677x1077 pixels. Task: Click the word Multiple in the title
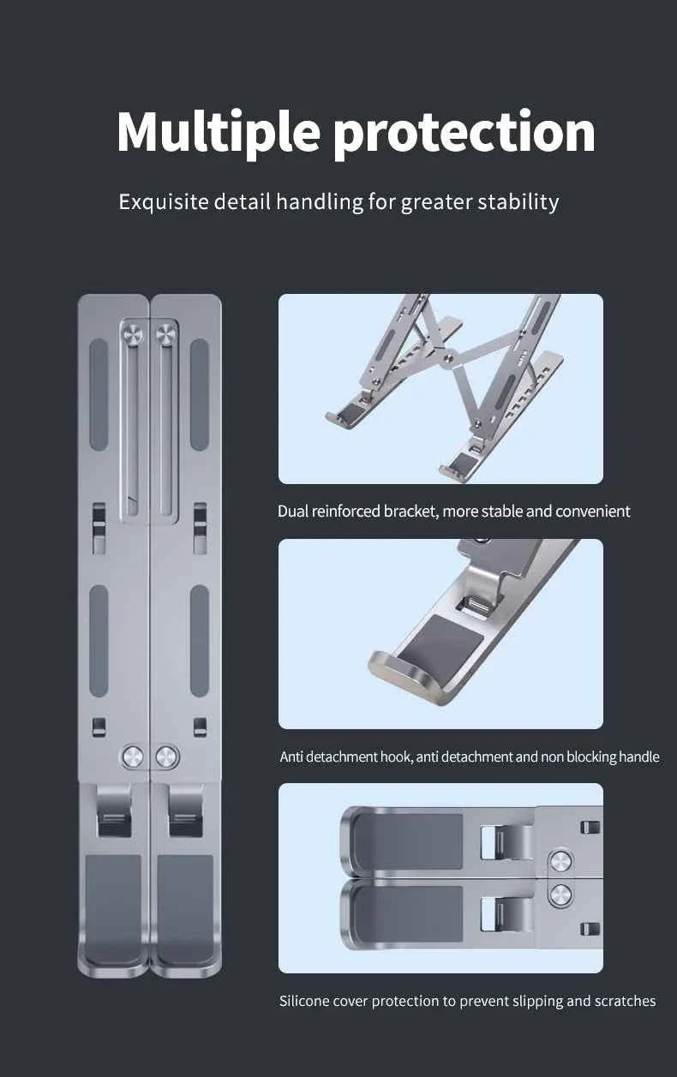pyautogui.click(x=219, y=133)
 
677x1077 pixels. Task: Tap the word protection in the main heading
pyautogui.click(x=464, y=133)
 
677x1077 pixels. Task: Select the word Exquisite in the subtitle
pyautogui.click(x=164, y=202)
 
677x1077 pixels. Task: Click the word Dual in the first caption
pyautogui.click(x=293, y=512)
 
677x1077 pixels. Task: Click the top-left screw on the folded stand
pyautogui.click(x=132, y=334)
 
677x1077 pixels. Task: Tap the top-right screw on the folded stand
pyautogui.click(x=166, y=334)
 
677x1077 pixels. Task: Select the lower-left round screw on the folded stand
pyautogui.click(x=132, y=757)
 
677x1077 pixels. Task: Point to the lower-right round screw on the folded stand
pyautogui.click(x=167, y=757)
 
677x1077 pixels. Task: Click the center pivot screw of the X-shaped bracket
pyautogui.click(x=448, y=357)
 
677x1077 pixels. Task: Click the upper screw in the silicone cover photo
pyautogui.click(x=560, y=860)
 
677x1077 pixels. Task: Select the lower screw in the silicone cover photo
pyautogui.click(x=560, y=895)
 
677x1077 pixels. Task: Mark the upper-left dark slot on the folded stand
pyautogui.click(x=99, y=395)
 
